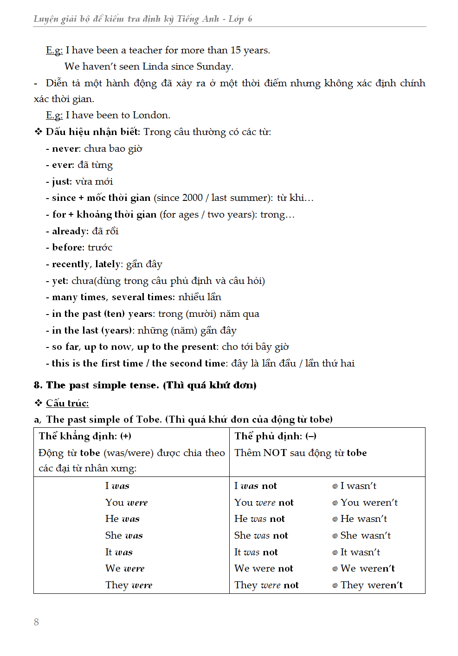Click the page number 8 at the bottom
click(x=36, y=622)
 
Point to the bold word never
click(x=65, y=148)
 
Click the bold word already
click(x=70, y=231)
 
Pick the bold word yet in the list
click(x=60, y=281)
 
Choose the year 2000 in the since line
click(x=192, y=198)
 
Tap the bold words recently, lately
click(x=87, y=264)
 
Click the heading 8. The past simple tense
click(x=145, y=385)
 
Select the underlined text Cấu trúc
click(x=67, y=403)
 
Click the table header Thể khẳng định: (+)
click(x=85, y=436)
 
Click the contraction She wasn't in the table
click(x=365, y=535)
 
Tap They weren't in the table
click(x=371, y=585)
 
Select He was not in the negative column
click(x=259, y=519)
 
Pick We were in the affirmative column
click(x=125, y=568)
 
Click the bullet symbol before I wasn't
click(x=335, y=486)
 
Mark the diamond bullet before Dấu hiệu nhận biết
click(x=38, y=132)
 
